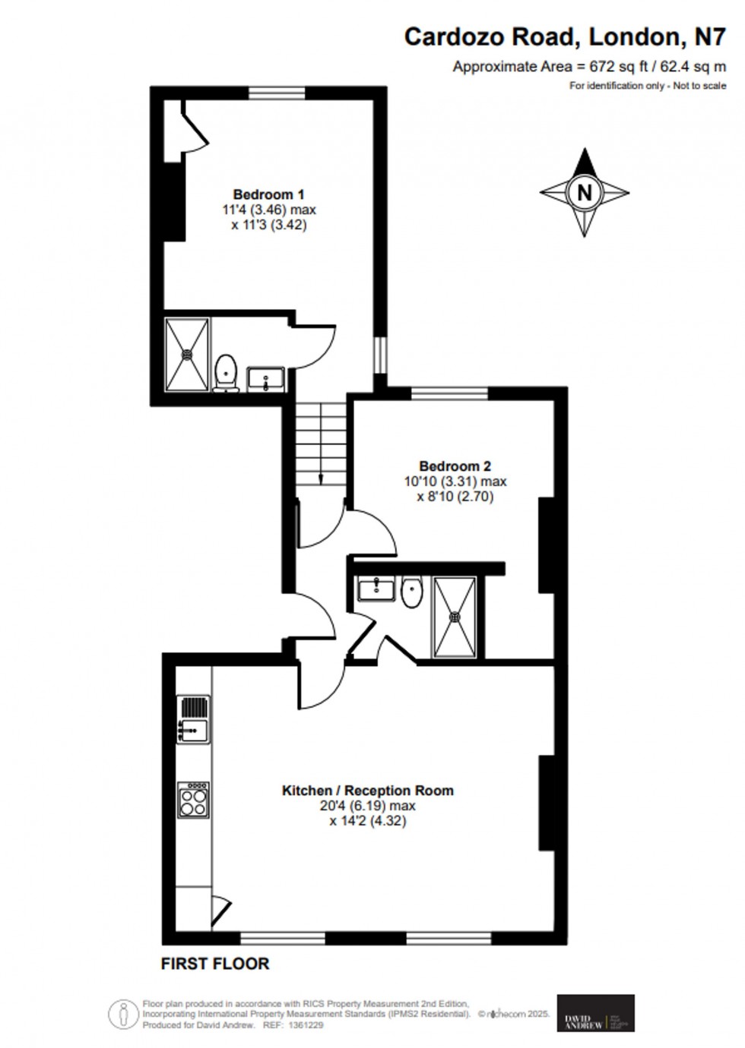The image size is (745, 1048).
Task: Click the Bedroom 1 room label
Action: tap(268, 194)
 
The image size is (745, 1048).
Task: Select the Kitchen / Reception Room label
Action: tap(367, 791)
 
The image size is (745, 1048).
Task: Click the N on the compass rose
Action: tap(584, 192)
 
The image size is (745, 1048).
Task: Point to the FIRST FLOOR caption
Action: tap(215, 964)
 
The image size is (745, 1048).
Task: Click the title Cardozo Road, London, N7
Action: tap(564, 36)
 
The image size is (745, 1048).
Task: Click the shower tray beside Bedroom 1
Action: tap(187, 354)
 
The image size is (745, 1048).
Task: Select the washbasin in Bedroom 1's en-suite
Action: tap(265, 377)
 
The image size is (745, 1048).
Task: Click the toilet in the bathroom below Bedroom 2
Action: tap(411, 592)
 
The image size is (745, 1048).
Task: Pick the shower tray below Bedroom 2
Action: tap(455, 617)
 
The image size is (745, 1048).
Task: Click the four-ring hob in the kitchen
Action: tap(193, 800)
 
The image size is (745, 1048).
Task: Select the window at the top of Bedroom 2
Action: tap(450, 393)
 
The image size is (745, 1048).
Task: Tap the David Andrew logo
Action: tap(595, 1013)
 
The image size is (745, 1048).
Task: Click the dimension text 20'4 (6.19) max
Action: tap(367, 806)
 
